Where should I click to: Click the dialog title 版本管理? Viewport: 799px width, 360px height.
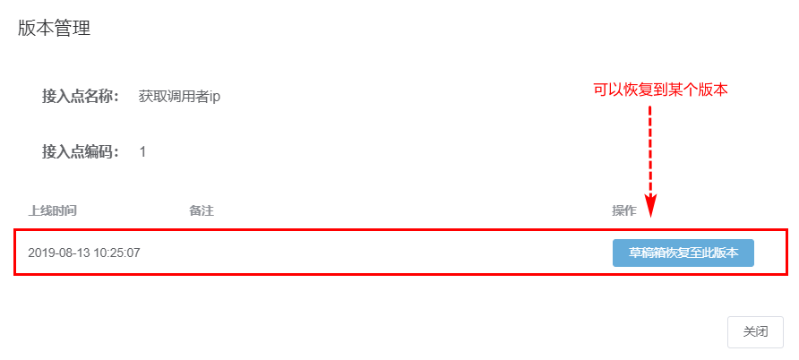(54, 29)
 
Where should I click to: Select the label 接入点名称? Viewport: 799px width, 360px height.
(81, 97)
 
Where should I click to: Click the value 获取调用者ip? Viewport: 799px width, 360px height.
(179, 97)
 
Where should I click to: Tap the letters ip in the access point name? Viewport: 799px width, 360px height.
(215, 97)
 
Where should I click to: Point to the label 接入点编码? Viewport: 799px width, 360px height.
(81, 152)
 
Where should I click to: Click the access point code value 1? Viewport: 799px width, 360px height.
(143, 152)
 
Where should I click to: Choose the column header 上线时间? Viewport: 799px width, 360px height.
(52, 211)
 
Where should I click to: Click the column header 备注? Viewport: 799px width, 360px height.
(201, 211)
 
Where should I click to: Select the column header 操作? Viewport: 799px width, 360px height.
(623, 211)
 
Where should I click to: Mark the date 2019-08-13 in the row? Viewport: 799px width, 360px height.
(57, 253)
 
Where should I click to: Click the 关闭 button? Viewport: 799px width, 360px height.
(755, 331)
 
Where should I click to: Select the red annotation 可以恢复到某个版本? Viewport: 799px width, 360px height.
(660, 90)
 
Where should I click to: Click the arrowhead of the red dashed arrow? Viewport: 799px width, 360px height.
(651, 208)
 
